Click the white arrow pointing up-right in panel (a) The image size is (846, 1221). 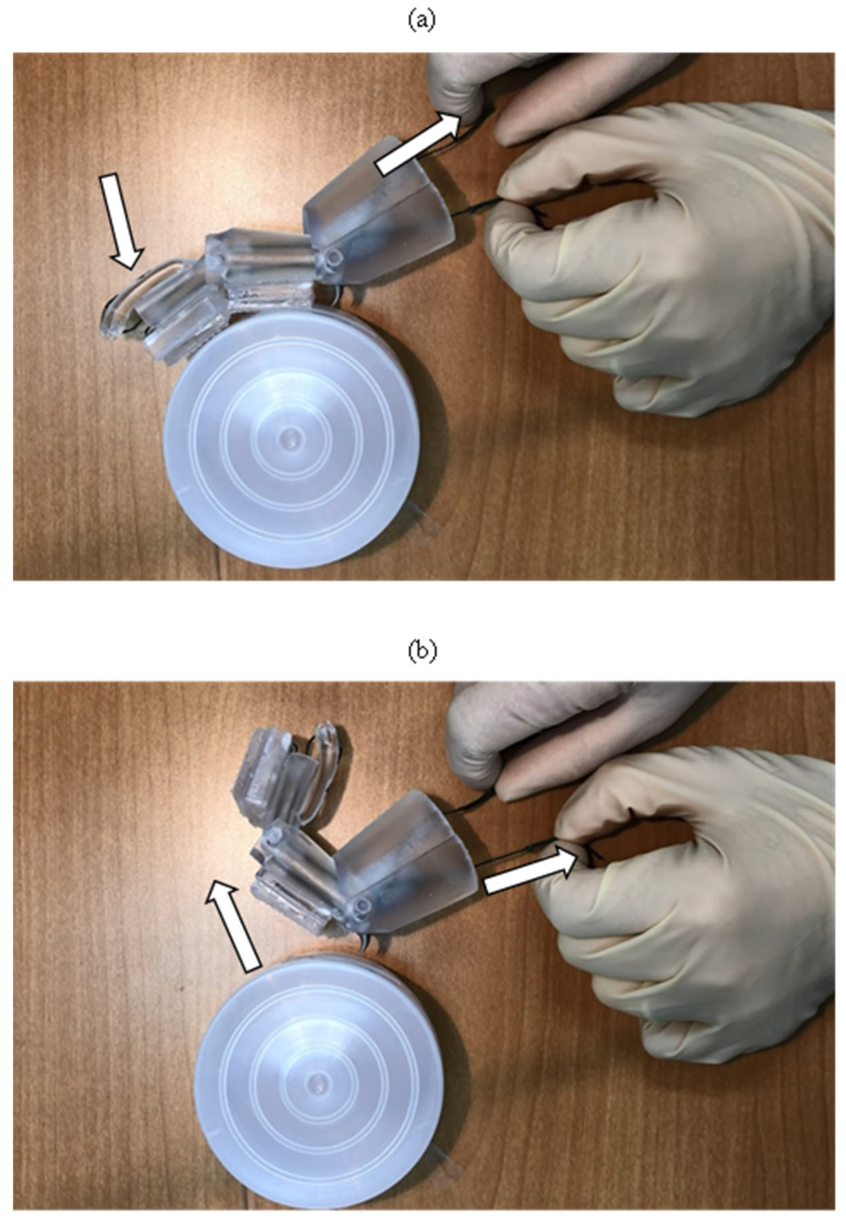tap(418, 143)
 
